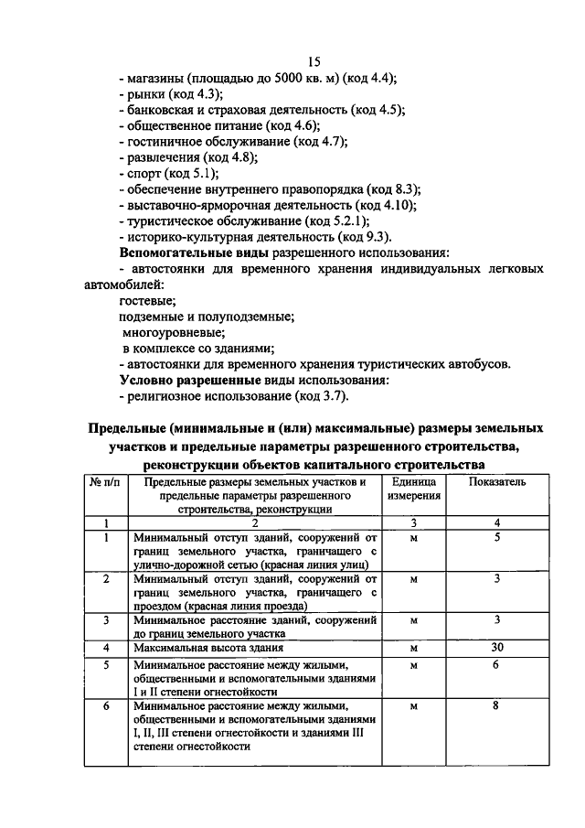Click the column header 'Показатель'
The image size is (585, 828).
coord(497,481)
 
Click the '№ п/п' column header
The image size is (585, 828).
coord(106,481)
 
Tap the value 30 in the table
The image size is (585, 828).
coord(497,647)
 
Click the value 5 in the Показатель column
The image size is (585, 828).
coord(497,537)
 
